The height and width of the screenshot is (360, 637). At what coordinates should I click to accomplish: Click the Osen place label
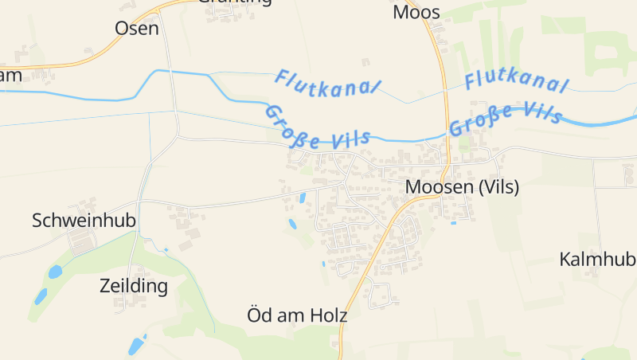pos(137,29)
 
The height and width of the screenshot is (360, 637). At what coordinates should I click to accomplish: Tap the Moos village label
pos(416,13)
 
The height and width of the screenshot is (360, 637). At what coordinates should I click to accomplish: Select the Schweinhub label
pos(84,221)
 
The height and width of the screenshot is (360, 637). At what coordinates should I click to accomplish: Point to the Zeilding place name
pos(134,285)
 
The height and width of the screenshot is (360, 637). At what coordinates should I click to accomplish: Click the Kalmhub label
pos(596,260)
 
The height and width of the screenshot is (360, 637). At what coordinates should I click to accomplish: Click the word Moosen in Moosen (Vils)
pos(440,187)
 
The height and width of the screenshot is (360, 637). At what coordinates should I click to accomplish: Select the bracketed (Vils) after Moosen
pos(498,187)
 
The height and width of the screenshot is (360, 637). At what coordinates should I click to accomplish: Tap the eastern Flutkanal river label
pos(517,81)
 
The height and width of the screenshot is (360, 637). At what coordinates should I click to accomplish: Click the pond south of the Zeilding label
pos(136,346)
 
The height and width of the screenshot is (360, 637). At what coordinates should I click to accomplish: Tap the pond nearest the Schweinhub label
pos(55,272)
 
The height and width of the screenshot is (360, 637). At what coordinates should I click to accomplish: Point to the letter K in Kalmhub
pos(565,260)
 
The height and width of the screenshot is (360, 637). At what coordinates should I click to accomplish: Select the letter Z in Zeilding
pos(105,285)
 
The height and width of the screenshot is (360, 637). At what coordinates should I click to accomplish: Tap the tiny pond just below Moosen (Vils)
pos(453,222)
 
